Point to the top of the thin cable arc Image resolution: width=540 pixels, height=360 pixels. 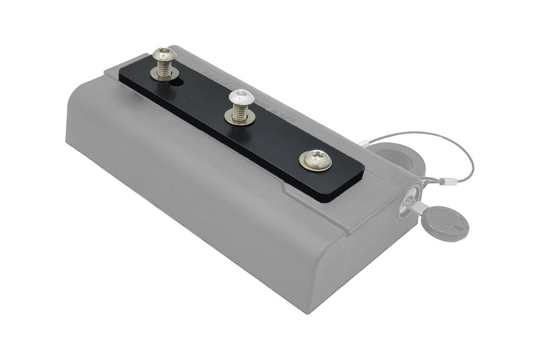pos(432,133)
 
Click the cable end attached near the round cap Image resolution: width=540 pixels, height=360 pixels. pos(365,143)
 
